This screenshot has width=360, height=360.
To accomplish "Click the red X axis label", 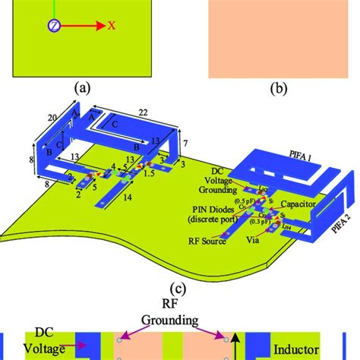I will [x=111, y=25].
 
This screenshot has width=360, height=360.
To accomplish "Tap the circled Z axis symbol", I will [x=54, y=26].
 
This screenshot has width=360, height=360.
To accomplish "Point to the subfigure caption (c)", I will [x=178, y=288].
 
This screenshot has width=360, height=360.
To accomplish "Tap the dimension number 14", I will [x=126, y=196].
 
